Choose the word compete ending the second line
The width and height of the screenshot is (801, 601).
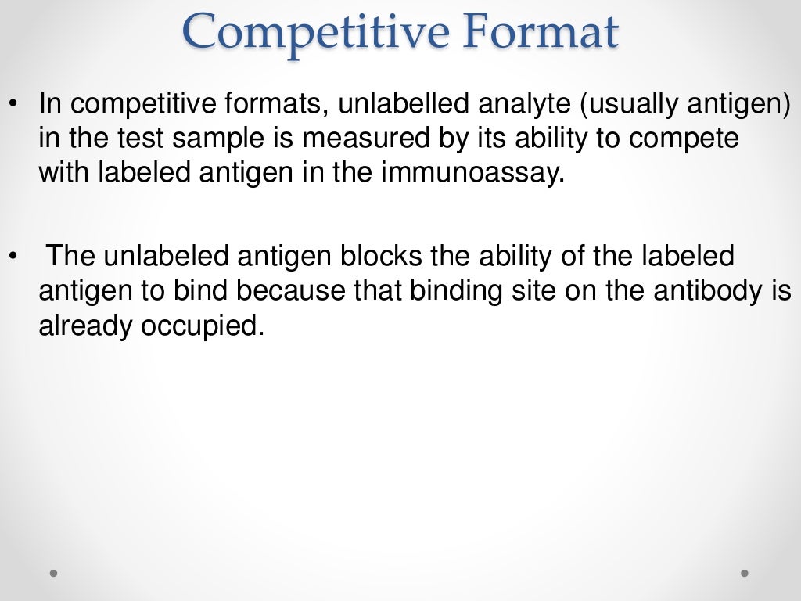click(x=684, y=139)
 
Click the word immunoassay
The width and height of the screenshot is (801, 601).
click(x=472, y=173)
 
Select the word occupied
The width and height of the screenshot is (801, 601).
click(x=200, y=326)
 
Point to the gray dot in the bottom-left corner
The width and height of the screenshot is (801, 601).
click(x=53, y=573)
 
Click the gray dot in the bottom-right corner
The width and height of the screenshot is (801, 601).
click(x=745, y=573)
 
